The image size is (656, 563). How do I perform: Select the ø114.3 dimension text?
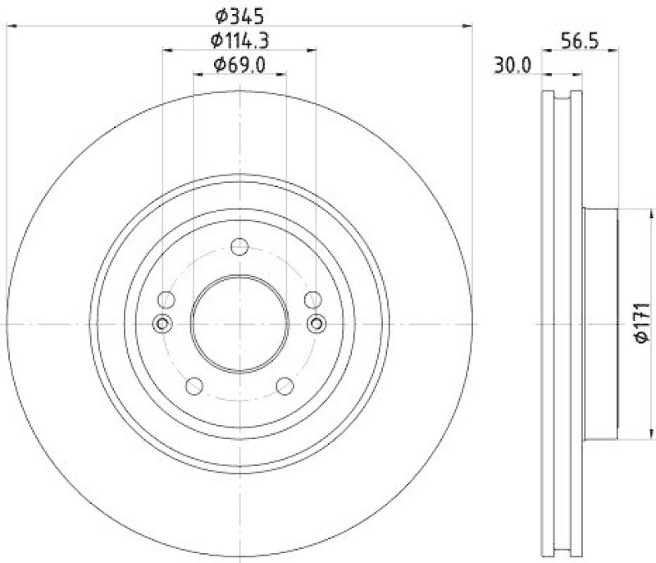pos(239,39)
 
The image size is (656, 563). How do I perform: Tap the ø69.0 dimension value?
pos(239,64)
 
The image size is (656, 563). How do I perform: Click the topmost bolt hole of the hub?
pos(239,246)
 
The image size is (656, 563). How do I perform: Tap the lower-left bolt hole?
pos(195,385)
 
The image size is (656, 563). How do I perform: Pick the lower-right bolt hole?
pos(285,385)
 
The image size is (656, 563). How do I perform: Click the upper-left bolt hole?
pos(166,299)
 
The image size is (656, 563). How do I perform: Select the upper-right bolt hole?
pos(312,299)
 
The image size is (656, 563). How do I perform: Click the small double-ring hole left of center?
pos(162,323)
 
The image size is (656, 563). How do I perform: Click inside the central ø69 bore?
pos(239,323)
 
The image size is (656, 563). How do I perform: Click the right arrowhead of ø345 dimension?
pos(469,26)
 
